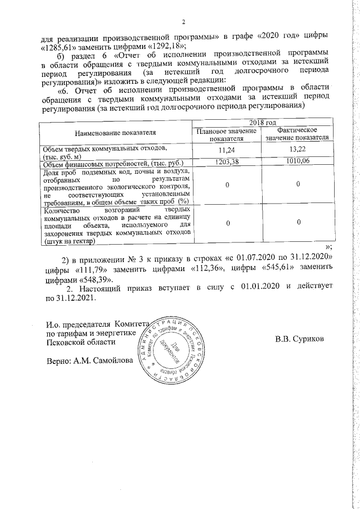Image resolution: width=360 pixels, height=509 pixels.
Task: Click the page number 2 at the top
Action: (x=183, y=22)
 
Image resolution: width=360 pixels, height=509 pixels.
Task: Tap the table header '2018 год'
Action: (x=262, y=124)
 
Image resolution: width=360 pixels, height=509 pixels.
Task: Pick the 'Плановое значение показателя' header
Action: (x=226, y=135)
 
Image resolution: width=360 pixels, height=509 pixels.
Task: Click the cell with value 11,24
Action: (x=226, y=151)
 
